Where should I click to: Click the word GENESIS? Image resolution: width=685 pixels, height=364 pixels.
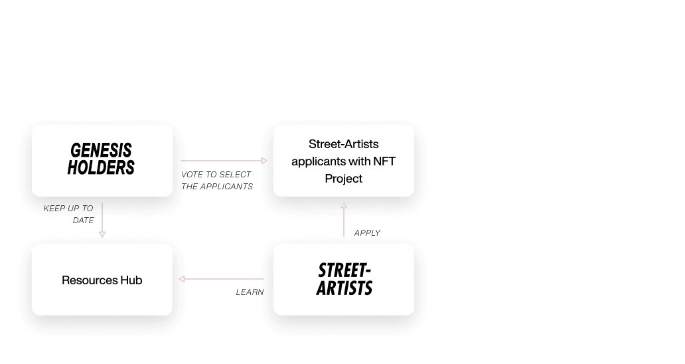click(x=101, y=150)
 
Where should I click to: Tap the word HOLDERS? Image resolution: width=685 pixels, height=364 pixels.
click(x=101, y=168)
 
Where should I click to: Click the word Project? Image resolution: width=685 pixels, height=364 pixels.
click(x=343, y=179)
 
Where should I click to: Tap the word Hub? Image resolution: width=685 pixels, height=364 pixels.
click(x=131, y=280)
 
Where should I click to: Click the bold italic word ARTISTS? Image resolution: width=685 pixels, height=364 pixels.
click(x=344, y=289)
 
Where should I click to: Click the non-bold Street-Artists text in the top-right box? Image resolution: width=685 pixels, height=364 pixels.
click(x=343, y=144)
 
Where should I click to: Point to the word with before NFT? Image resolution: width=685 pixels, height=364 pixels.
click(x=358, y=161)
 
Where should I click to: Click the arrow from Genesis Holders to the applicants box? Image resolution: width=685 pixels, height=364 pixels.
click(x=222, y=161)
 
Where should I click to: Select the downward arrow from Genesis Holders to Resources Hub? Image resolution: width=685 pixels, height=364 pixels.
click(x=102, y=219)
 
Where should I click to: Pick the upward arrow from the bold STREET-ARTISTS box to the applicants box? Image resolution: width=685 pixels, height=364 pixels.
click(x=343, y=219)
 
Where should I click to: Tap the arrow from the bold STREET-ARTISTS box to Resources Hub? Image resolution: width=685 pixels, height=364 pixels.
click(x=222, y=279)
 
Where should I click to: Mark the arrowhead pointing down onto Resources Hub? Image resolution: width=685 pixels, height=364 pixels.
click(x=102, y=234)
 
